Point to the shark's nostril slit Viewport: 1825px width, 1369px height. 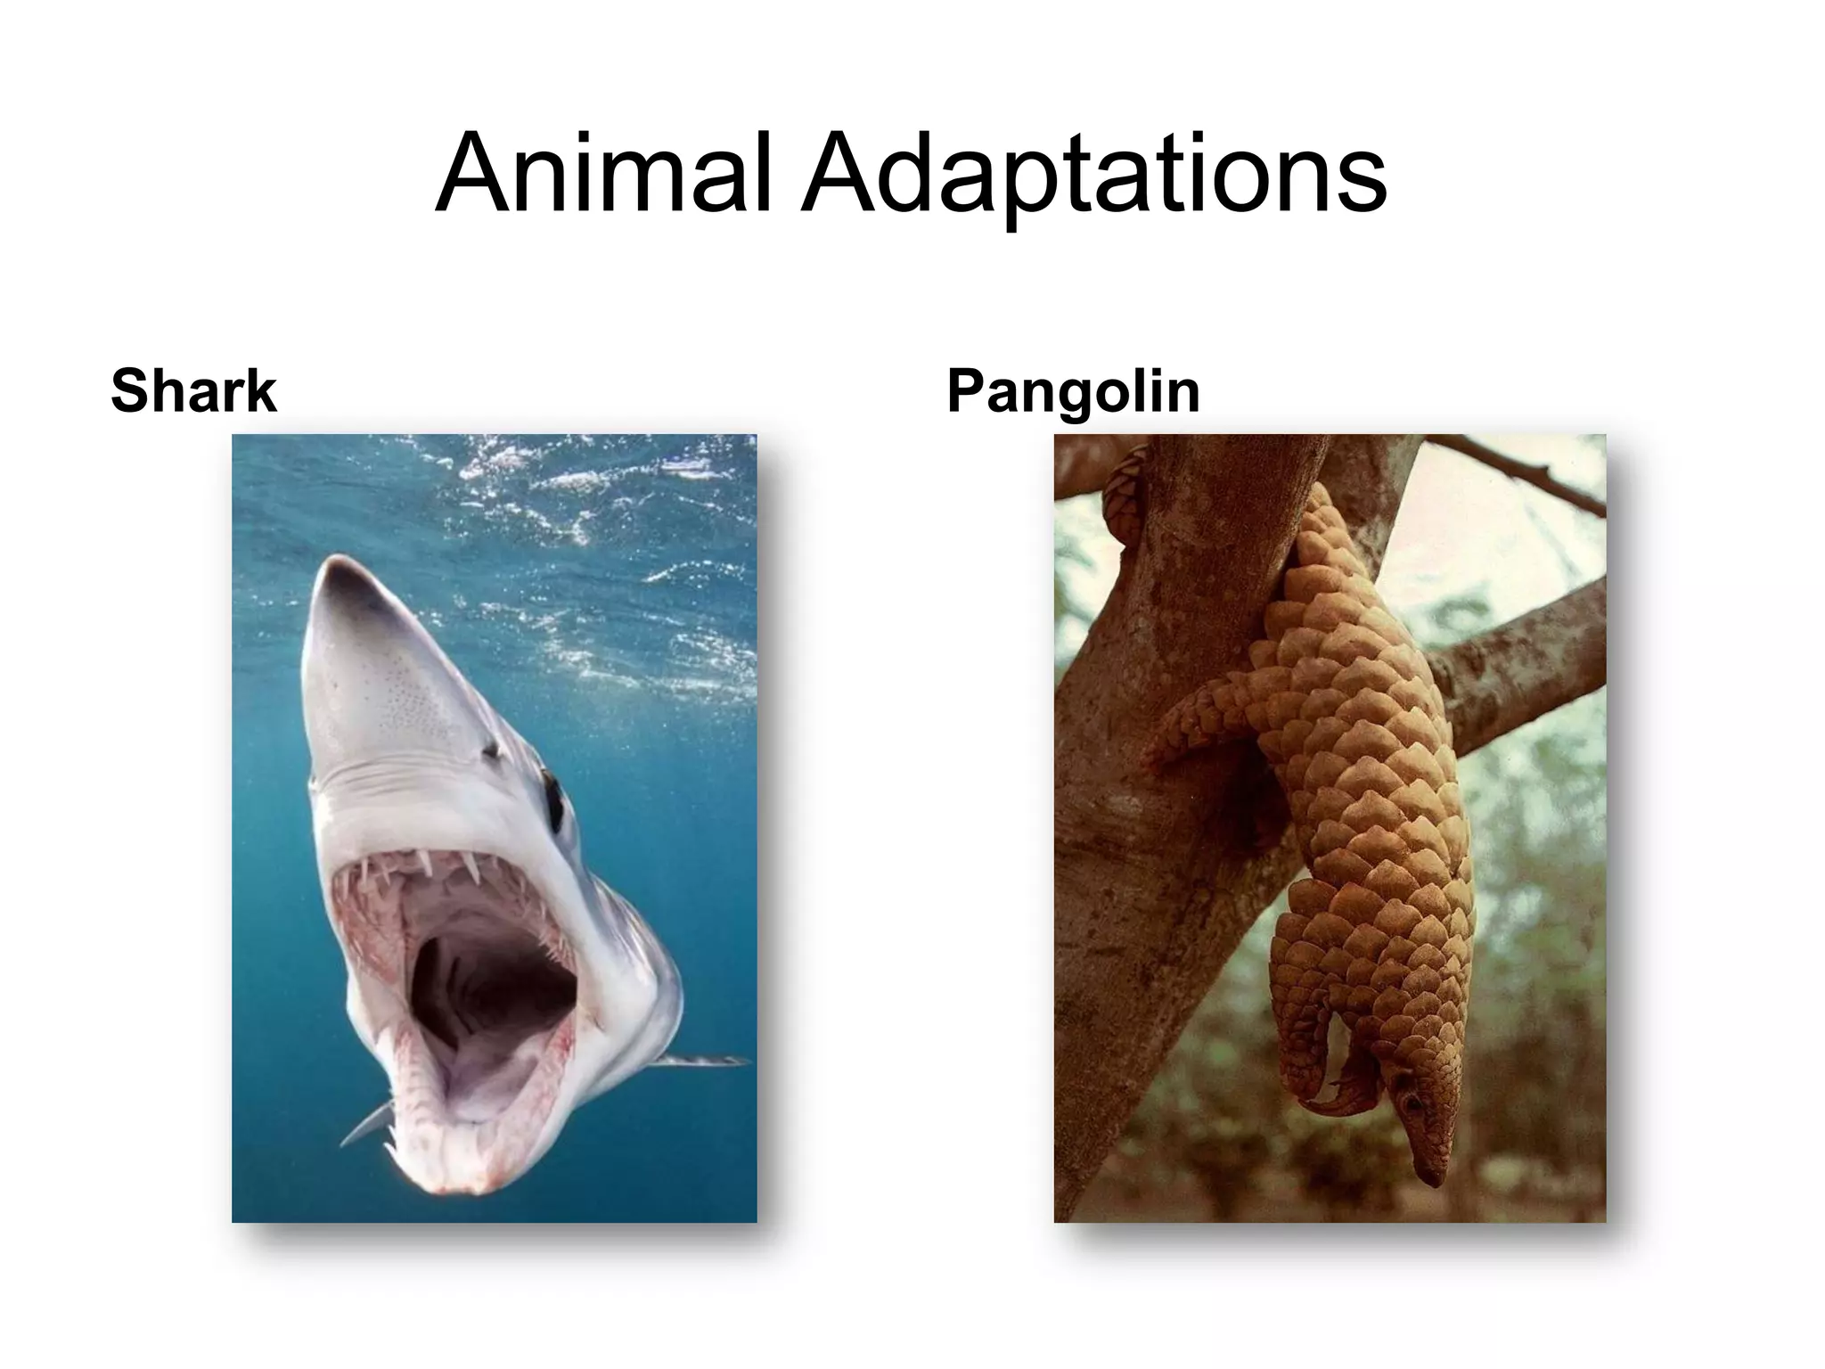(491, 751)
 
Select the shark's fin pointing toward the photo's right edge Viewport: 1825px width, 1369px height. (704, 1061)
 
